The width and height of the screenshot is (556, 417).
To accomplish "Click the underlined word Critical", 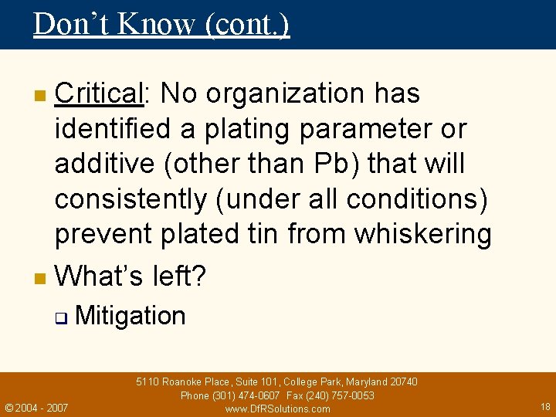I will (99, 93).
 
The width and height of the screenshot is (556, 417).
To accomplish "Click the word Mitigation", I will (131, 316).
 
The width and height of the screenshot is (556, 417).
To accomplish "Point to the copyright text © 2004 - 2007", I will (36, 407).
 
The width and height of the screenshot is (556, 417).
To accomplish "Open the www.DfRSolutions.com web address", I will (277, 409).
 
